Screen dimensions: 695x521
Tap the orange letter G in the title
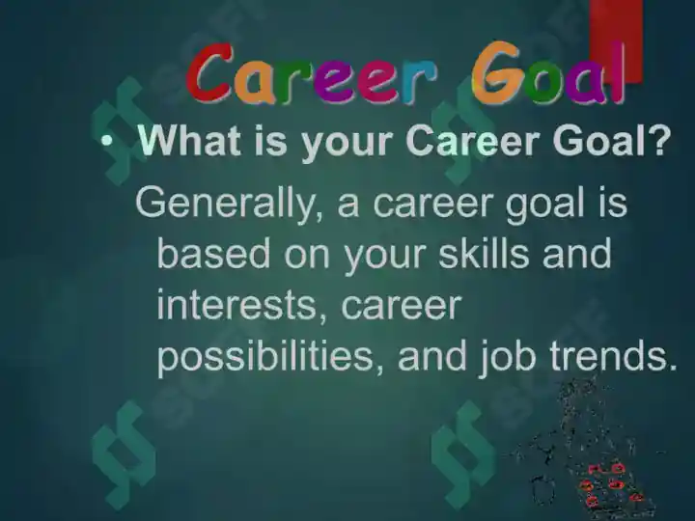[x=495, y=72]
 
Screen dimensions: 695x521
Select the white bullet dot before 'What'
[x=106, y=141]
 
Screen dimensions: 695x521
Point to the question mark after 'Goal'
[x=656, y=140]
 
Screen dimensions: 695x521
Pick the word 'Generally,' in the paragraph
[x=229, y=203]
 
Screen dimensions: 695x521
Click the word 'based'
[x=213, y=253]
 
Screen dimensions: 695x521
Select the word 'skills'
[x=484, y=253]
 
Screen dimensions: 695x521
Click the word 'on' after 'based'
[x=307, y=256]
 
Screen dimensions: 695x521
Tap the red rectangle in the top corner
[x=616, y=41]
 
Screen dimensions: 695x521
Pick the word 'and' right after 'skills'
[x=577, y=253]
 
